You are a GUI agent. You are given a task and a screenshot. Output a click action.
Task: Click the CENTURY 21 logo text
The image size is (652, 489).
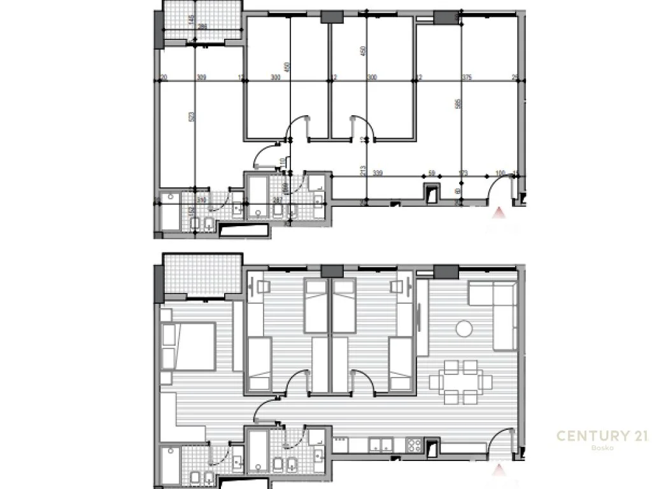602,436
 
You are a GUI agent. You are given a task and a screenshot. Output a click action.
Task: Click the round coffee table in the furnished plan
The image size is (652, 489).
464,329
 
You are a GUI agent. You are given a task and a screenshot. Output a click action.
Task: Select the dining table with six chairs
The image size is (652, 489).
461,382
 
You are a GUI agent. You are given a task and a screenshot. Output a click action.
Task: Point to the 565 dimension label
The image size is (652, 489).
458,105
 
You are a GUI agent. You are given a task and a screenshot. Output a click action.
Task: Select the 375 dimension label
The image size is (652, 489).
467,78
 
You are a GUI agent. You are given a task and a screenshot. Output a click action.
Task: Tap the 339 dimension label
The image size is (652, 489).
378,173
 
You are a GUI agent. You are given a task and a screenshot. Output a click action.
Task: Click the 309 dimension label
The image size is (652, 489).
201,78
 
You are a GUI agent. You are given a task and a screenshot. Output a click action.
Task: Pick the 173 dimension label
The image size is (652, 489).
463,173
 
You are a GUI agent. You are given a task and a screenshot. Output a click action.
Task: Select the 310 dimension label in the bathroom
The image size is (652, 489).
202,200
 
